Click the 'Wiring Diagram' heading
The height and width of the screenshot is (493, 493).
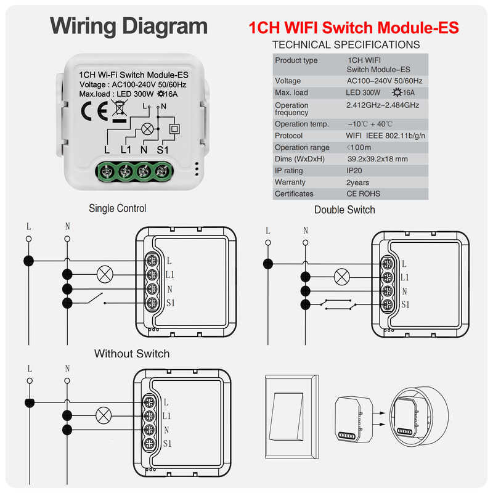129,26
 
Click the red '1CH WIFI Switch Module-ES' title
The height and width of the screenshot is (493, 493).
353,28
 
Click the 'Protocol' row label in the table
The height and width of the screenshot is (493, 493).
288,136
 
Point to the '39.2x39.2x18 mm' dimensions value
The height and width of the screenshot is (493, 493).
377,159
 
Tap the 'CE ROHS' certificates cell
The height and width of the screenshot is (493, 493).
364,194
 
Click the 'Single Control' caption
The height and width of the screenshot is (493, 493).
118,208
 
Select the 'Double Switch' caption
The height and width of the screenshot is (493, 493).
344,210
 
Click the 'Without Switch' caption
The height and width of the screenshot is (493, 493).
132,354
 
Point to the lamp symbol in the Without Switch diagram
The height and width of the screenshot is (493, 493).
104,415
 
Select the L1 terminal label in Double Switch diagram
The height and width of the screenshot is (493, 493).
405,278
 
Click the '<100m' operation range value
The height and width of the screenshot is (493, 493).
359,147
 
